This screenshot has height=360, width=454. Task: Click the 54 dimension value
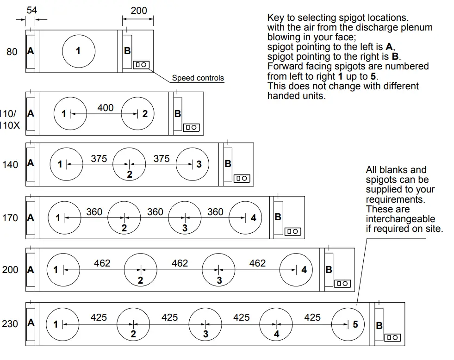pos(31,10)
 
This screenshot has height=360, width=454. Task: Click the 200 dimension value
pos(139,10)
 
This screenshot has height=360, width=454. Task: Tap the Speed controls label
pos(198,78)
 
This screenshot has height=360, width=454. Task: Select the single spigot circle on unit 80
pos(79,51)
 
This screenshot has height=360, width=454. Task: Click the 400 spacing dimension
pos(105,107)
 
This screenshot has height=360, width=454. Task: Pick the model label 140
pos(10,164)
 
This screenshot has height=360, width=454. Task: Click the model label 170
pos(10,217)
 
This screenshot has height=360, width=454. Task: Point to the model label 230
pos(10,324)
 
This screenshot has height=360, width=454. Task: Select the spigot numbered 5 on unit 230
pos(348,324)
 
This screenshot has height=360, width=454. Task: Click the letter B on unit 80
pos(127,51)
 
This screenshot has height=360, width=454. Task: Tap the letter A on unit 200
pos(31,270)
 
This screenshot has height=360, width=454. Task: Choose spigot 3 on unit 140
pos(193,164)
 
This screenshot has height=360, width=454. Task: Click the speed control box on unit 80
pos(141,65)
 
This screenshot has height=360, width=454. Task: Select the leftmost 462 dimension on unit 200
pos(102,263)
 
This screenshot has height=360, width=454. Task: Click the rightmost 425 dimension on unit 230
pos(312,317)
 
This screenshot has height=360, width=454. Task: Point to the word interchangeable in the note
pos(400,218)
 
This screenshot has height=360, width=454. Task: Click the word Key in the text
pos(276,18)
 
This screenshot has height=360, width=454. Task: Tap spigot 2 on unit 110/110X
pos(138,113)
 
